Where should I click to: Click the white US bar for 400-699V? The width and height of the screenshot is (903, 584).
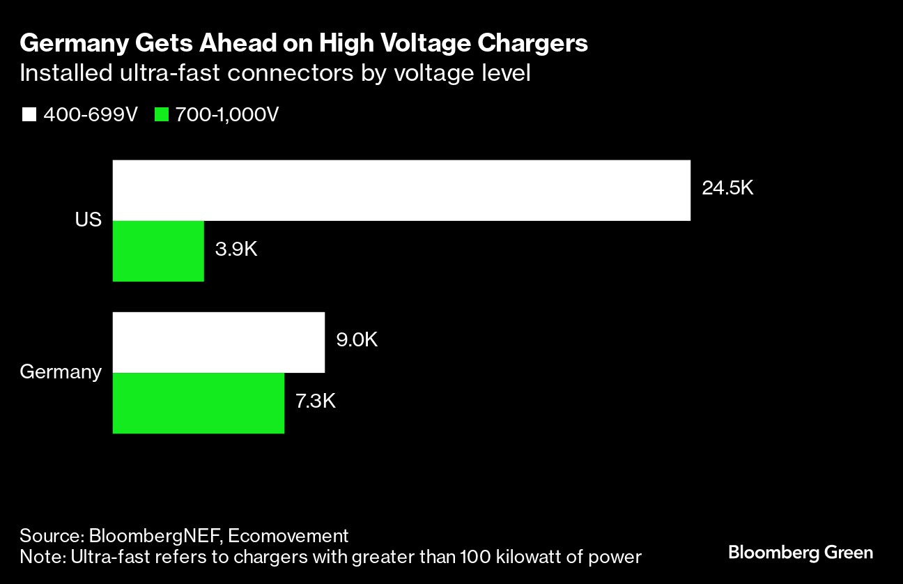coord(401,190)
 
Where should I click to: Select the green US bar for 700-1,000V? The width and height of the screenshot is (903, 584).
coord(158,251)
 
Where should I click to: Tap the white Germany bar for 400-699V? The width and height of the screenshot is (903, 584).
coord(219,342)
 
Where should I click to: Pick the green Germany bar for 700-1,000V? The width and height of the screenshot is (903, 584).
coord(199,403)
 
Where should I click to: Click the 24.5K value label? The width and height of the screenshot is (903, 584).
coord(727,188)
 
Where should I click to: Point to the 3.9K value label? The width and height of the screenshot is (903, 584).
coord(236,249)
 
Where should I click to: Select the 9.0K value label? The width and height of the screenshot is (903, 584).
coord(356,340)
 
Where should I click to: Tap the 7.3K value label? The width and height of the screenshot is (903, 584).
coord(316,401)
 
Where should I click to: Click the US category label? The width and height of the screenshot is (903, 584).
coord(88,220)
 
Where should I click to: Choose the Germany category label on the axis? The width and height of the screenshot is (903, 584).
coord(61,371)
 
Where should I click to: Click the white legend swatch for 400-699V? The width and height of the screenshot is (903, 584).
coord(29,115)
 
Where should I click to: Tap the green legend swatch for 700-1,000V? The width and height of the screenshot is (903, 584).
coord(162,115)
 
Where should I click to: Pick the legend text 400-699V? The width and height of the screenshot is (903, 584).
coord(91,115)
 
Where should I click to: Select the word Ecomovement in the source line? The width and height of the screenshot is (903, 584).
coord(288,536)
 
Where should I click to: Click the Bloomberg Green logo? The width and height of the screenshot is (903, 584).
coord(801,553)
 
